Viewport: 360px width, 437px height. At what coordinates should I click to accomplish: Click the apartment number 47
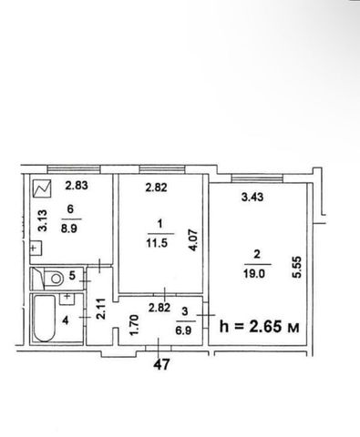click(161, 364)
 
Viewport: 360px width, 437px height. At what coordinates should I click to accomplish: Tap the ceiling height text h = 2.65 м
click(260, 327)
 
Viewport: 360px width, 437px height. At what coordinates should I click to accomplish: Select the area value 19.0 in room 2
click(254, 274)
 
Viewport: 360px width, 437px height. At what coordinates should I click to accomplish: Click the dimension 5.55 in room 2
click(296, 267)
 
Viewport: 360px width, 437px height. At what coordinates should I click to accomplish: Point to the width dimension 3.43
click(252, 198)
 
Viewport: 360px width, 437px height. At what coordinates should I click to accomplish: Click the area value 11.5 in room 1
click(157, 243)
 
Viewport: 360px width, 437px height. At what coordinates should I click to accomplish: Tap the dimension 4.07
click(193, 239)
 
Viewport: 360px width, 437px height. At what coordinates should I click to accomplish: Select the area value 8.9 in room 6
click(69, 229)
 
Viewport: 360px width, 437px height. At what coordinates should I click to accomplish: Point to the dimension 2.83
click(77, 185)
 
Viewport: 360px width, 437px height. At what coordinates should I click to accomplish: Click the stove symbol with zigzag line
click(42, 188)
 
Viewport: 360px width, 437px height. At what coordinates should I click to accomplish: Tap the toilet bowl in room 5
click(54, 279)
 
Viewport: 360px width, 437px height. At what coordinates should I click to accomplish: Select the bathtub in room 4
click(45, 319)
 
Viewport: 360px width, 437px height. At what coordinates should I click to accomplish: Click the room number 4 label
click(66, 320)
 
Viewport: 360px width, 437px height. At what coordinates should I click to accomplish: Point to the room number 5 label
click(72, 276)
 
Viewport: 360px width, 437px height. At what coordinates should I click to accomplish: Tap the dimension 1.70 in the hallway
click(134, 325)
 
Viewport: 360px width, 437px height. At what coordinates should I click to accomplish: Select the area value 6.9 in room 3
click(183, 330)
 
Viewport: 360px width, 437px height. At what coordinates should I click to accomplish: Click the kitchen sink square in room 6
click(36, 249)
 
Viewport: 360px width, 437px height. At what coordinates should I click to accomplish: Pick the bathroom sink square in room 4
click(67, 299)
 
